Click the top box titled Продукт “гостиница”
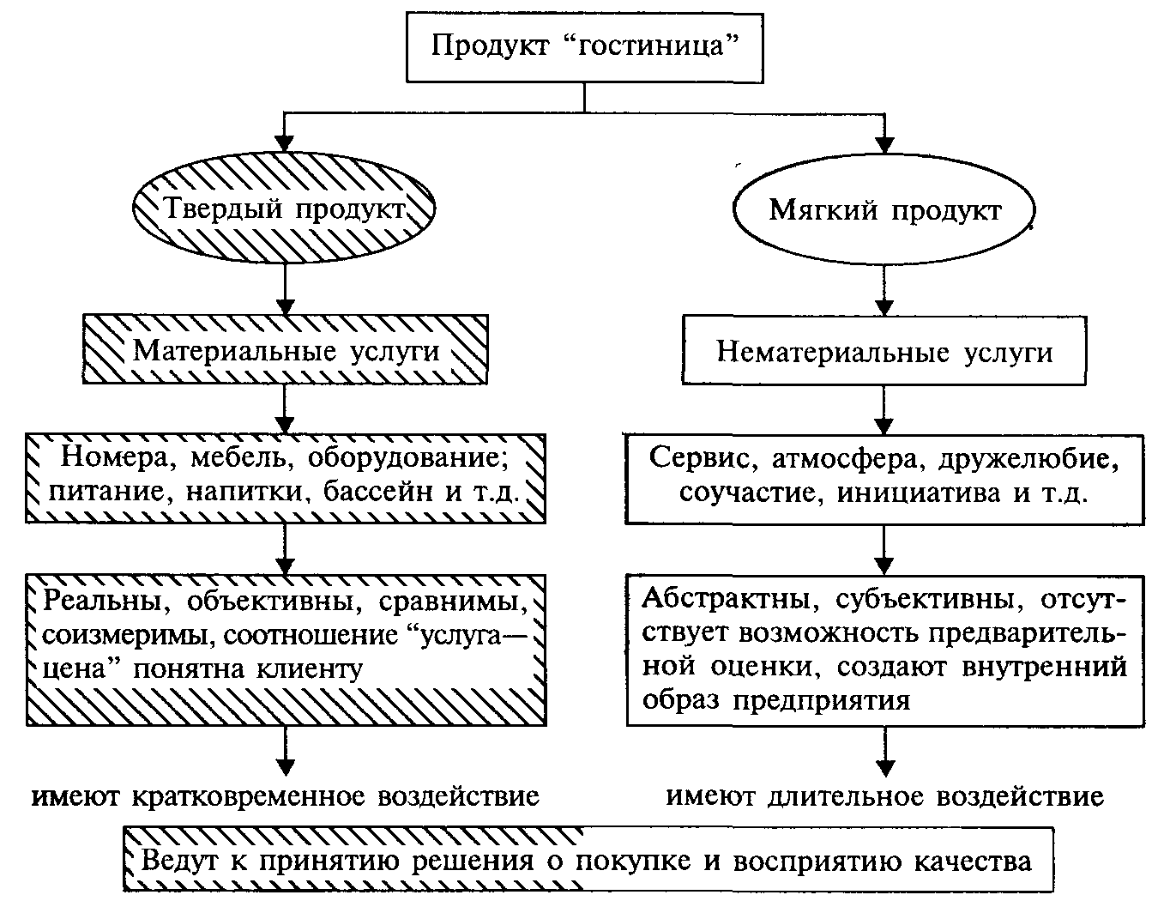[x=585, y=48]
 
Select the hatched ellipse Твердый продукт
[x=284, y=208]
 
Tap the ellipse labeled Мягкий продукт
[x=884, y=209]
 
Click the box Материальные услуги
[x=286, y=349]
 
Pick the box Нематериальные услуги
[x=884, y=351]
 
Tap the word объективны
[x=274, y=602]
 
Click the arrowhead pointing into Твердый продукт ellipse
[x=284, y=143]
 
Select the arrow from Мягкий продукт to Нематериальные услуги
[x=884, y=290]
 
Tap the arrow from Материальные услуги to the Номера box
[x=284, y=409]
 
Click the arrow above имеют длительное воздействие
[x=885, y=753]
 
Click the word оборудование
[x=408, y=458]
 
